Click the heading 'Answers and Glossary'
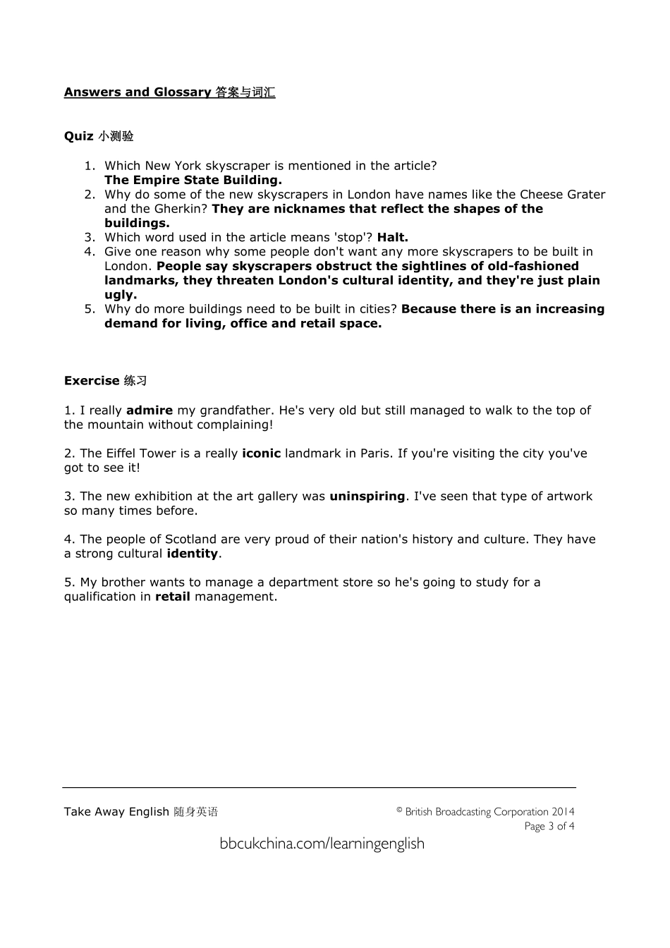click(138, 92)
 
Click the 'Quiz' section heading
click(78, 136)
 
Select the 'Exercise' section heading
click(92, 381)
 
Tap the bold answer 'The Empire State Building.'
click(193, 180)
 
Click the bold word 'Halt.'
click(393, 238)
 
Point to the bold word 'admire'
click(150, 411)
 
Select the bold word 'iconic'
click(261, 454)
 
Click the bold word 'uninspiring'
click(367, 497)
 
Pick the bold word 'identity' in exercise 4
click(192, 554)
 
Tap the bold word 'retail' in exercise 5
click(173, 597)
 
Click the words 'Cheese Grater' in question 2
click(562, 195)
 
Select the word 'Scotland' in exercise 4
click(190, 540)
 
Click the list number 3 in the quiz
click(90, 238)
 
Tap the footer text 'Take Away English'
click(116, 812)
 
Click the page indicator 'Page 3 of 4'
click(549, 826)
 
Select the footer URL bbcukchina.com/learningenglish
click(322, 844)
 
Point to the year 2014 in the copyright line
click(563, 812)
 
